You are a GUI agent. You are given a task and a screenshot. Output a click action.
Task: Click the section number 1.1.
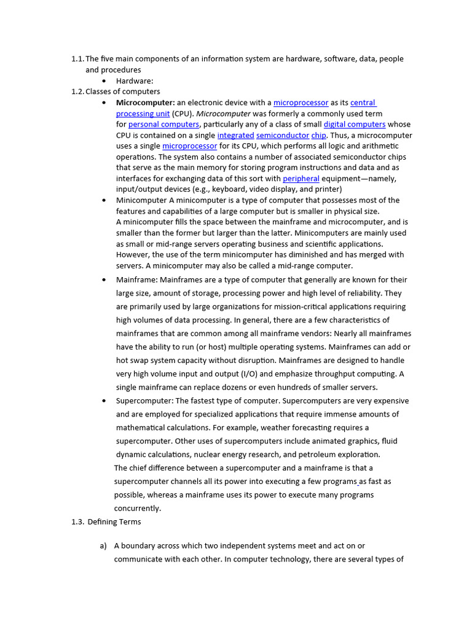77,59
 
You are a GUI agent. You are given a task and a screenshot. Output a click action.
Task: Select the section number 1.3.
77,522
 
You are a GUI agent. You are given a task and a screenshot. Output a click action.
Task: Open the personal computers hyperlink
164,125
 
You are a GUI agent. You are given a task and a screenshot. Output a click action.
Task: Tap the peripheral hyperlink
301,179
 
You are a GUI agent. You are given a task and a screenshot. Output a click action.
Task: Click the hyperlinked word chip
319,136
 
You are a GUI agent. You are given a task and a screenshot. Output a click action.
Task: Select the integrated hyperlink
235,136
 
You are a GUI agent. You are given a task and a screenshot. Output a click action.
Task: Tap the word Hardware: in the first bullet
135,81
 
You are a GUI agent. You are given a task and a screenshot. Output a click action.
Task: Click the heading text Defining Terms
114,522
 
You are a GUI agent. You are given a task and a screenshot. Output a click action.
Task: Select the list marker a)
103,545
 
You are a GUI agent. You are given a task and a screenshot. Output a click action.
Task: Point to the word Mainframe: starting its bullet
136,280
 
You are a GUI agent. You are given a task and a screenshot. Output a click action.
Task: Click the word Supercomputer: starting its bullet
144,401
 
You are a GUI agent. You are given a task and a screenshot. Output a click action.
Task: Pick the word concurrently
138,509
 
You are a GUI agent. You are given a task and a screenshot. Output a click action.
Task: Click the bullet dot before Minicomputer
104,200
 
